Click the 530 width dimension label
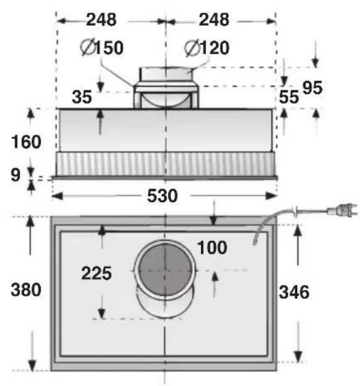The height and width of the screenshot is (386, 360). [162, 196]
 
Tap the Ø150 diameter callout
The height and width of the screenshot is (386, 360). [102, 48]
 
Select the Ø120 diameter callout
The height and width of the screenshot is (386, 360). [207, 48]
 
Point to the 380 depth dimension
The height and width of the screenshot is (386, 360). [26, 290]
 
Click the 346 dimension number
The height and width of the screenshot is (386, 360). [294, 292]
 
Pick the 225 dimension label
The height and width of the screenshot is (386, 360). [96, 273]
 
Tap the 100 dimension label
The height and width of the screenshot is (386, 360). [212, 247]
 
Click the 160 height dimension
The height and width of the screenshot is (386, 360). [26, 142]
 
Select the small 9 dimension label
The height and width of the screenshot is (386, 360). [15, 175]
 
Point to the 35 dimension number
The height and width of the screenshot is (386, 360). [82, 97]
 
